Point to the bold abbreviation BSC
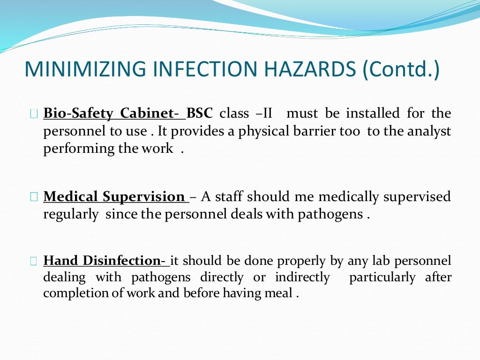coord(200,113)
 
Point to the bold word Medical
coord(71,196)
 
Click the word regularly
coord(71,214)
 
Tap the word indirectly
coord(302,277)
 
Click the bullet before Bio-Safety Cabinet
coord(33,114)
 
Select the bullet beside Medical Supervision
coord(33,197)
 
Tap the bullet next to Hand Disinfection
coord(33,261)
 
